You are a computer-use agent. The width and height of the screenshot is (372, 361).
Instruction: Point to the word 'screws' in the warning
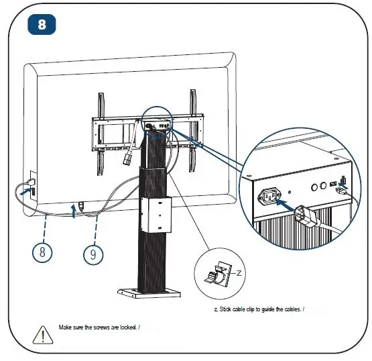pos(107,327)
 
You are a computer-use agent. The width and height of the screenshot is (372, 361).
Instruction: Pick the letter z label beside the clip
pos(239,272)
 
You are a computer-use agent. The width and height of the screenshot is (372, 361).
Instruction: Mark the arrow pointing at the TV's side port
pos(25,192)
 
